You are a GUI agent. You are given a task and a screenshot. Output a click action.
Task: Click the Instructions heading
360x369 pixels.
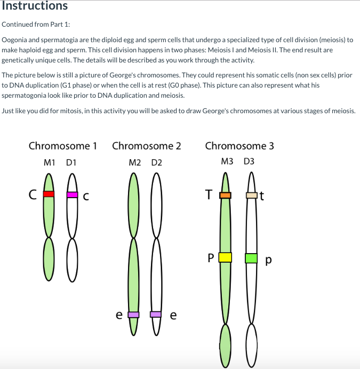(34, 6)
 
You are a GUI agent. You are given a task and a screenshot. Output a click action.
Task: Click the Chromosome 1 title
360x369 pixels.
(62, 146)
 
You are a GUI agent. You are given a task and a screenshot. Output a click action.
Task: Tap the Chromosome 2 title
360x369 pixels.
(147, 146)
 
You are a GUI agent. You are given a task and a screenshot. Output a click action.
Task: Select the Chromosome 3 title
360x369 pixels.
(239, 146)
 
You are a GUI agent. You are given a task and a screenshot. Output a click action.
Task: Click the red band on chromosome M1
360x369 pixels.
(49, 194)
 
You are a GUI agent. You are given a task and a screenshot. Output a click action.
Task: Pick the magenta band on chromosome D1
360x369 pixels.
(73, 194)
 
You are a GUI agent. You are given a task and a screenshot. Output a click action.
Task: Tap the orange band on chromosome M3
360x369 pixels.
(226, 195)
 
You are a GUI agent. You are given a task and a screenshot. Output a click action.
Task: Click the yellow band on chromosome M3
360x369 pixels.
(225, 257)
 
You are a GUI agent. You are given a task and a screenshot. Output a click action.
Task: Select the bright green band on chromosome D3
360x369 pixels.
(251, 258)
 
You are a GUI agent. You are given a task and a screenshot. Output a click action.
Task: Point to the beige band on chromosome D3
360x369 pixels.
(252, 195)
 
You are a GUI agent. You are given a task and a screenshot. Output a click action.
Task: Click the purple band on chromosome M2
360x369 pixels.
(133, 315)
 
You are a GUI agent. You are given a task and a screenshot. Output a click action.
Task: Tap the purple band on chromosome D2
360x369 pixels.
(156, 315)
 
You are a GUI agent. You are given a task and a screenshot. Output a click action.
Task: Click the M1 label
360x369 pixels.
(51, 162)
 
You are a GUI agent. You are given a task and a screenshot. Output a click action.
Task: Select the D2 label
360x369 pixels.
(156, 162)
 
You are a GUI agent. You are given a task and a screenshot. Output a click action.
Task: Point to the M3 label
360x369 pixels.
(227, 162)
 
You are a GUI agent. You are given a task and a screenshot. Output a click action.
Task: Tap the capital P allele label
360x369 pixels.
(211, 258)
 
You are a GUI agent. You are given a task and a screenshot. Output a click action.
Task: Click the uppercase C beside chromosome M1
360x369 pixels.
(33, 195)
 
